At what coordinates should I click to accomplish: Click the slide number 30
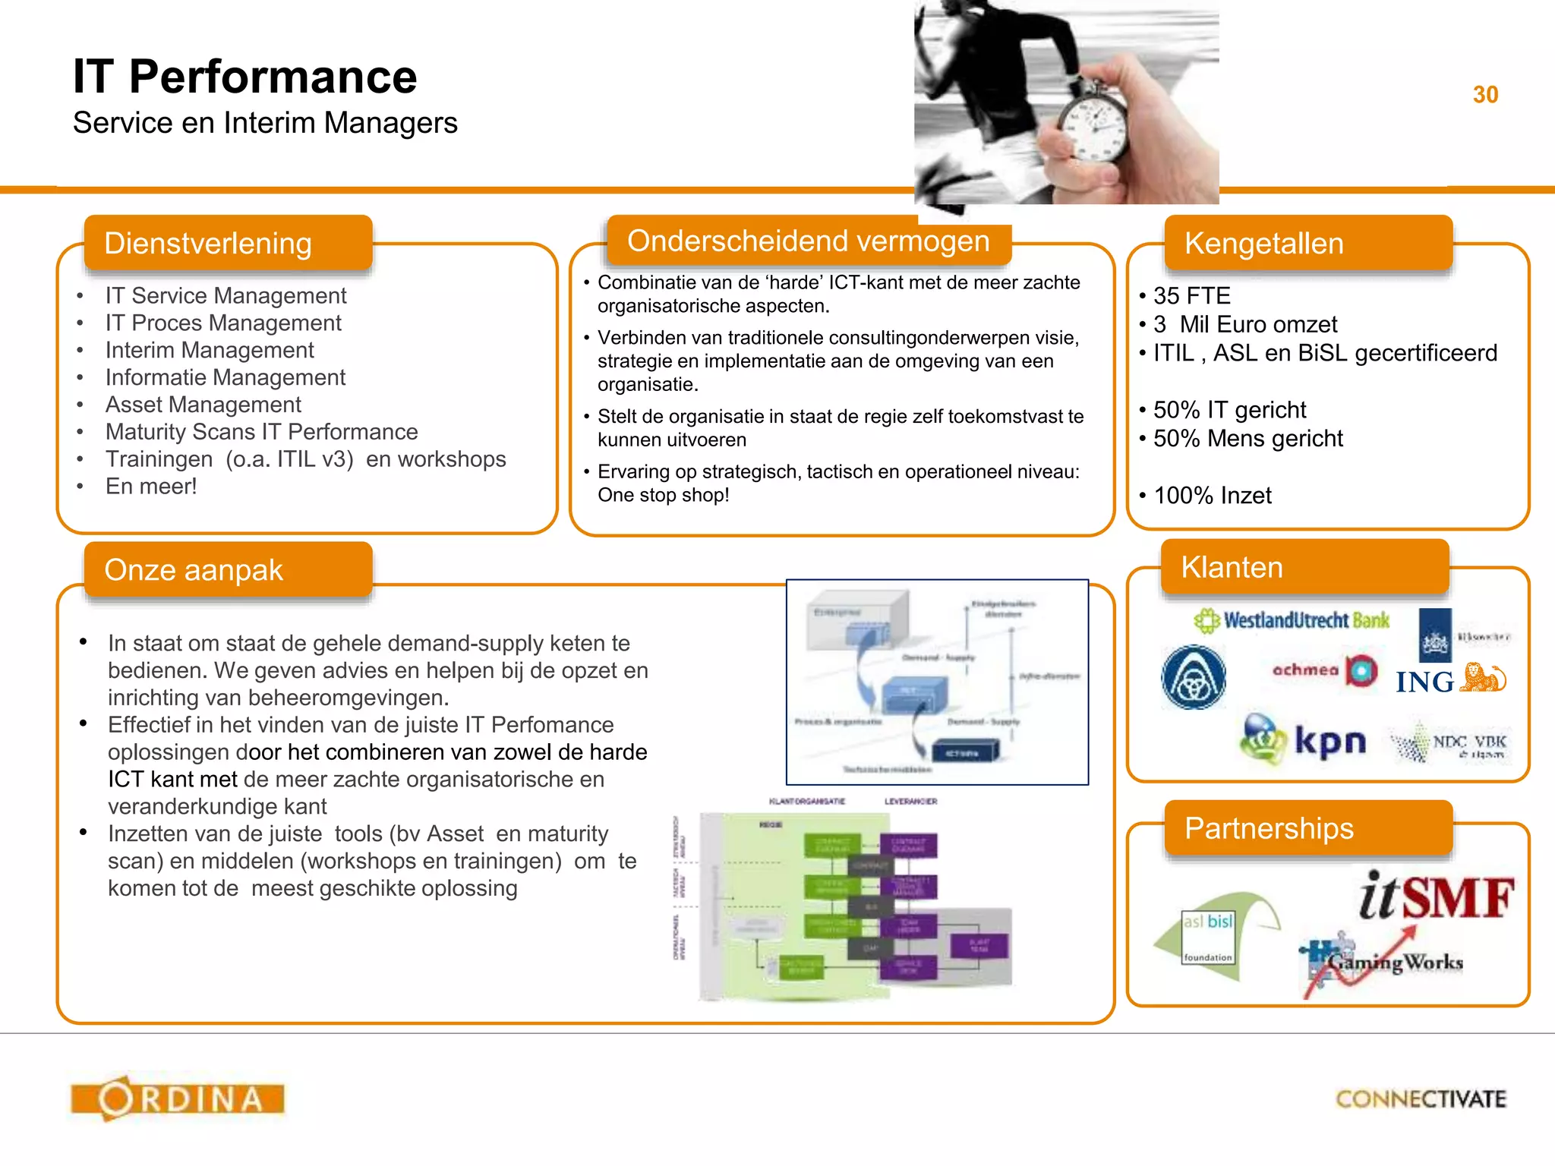coord(1485,95)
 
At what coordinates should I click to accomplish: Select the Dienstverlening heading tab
coord(228,243)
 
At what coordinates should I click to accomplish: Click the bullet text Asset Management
coord(203,405)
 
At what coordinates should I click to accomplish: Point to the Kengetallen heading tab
coord(1307,243)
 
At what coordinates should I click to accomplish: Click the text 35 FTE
coord(1191,295)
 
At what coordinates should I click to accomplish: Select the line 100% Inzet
coord(1212,496)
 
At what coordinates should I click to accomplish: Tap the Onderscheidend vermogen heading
coord(808,241)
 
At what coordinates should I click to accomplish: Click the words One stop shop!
coord(663,495)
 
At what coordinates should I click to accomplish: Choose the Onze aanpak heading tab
coord(228,569)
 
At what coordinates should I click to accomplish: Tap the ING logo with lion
coord(1450,679)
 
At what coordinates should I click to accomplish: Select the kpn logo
coord(1303,739)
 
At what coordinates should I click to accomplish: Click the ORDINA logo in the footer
coord(178,1098)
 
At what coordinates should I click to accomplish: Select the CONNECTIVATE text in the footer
coord(1421,1099)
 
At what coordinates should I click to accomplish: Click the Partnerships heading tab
coord(1307,827)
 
